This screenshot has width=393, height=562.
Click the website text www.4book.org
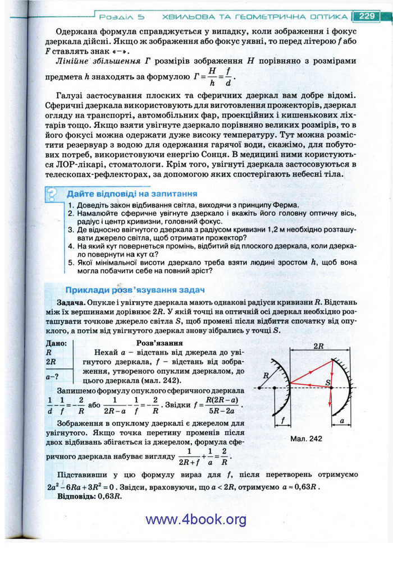[195, 519]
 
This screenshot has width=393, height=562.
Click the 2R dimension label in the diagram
[321, 346]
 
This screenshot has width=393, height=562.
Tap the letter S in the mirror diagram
[329, 382]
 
